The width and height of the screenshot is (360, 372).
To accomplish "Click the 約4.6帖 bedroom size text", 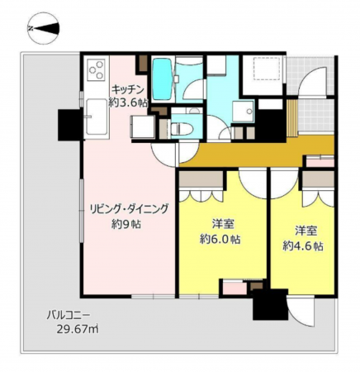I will pyautogui.click(x=302, y=246).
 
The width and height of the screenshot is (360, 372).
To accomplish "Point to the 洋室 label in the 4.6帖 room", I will pyautogui.click(x=302, y=230).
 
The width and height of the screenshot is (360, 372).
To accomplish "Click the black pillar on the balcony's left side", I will pyautogui.click(x=66, y=124).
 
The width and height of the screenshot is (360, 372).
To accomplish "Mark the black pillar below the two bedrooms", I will pyautogui.click(x=269, y=308).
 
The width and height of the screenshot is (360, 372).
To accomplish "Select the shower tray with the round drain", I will pyautogui.click(x=244, y=113).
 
